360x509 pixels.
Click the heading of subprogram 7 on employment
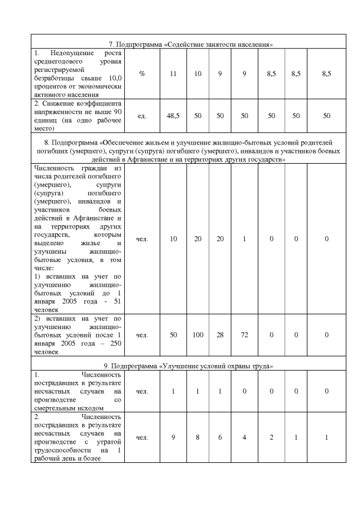[191, 44]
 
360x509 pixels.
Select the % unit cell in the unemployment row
[142, 74]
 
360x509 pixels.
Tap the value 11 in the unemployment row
[174, 74]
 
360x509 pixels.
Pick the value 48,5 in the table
[174, 115]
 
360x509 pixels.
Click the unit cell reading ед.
[142, 115]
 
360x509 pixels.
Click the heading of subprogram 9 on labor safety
[191, 366]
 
